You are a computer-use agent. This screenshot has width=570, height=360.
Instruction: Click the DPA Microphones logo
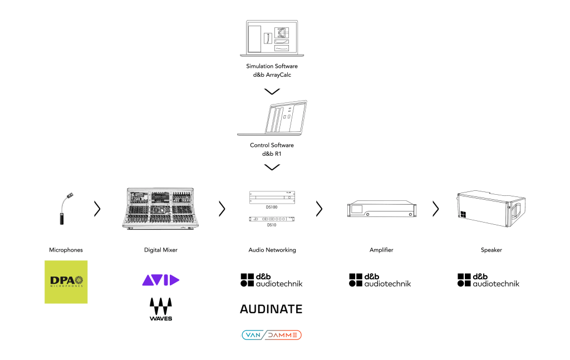pyautogui.click(x=66, y=282)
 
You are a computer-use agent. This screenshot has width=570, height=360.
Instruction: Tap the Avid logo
pyautogui.click(x=160, y=280)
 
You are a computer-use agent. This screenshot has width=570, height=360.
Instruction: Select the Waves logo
pyautogui.click(x=160, y=309)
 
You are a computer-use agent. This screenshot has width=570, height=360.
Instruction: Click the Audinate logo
pyautogui.click(x=271, y=309)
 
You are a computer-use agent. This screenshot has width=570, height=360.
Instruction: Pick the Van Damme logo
pyautogui.click(x=272, y=335)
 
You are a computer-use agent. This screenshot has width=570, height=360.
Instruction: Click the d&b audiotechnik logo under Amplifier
pyautogui.click(x=380, y=280)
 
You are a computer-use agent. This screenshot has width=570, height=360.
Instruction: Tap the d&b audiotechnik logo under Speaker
pyautogui.click(x=488, y=280)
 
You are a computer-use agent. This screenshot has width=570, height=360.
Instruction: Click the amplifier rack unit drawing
pyautogui.click(x=381, y=209)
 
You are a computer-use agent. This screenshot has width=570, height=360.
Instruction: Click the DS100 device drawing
pyautogui.click(x=272, y=198)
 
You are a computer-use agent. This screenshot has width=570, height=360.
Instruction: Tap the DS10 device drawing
pyautogui.click(x=272, y=219)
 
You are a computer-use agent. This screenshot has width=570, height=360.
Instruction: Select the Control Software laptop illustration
pyautogui.click(x=272, y=118)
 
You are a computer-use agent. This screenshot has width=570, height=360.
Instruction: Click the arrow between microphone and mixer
pyautogui.click(x=97, y=209)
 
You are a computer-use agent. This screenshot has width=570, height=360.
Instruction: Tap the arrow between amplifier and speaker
pyautogui.click(x=435, y=209)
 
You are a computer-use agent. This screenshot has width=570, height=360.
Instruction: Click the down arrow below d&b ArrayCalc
pyautogui.click(x=272, y=91)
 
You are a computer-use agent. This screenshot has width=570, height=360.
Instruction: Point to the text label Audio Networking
pyautogui.click(x=272, y=250)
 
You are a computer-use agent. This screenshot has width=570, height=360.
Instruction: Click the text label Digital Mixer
pyautogui.click(x=160, y=250)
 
